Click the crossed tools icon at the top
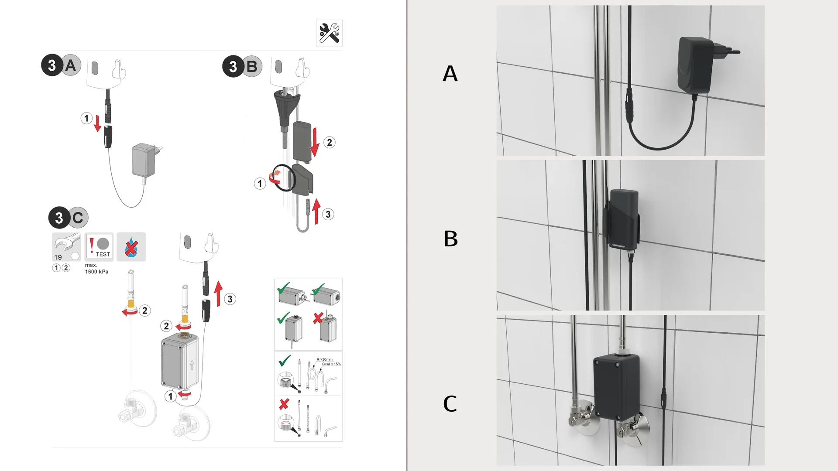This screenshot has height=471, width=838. [x=329, y=33]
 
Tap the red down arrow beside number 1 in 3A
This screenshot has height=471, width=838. [x=97, y=123]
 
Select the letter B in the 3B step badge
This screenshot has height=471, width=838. [x=252, y=67]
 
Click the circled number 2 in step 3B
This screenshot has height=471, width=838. [x=330, y=142]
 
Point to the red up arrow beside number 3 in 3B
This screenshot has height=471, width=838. [x=316, y=211]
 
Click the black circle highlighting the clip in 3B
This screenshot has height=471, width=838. [x=284, y=177]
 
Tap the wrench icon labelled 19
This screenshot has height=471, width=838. [x=66, y=247]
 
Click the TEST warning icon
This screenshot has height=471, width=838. [x=99, y=247]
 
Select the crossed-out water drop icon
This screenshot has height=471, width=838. [x=131, y=247]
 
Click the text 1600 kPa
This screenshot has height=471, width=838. [x=96, y=272]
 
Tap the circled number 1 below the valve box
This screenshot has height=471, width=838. [x=171, y=396]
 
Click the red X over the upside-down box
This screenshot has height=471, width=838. [x=318, y=318]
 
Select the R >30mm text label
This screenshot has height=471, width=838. [x=324, y=359]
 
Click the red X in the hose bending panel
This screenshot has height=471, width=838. [x=284, y=404]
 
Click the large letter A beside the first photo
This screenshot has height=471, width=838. [x=450, y=73]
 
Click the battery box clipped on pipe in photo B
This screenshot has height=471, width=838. [x=623, y=220]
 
